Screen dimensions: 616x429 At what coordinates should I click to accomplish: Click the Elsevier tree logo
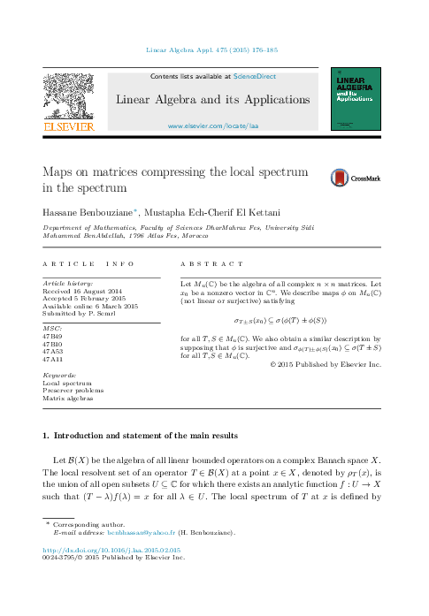(69, 102)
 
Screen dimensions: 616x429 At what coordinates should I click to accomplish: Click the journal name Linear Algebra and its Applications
(213, 99)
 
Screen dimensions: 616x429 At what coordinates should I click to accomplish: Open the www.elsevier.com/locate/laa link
(213, 127)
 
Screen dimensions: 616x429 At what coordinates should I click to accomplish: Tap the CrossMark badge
(356, 179)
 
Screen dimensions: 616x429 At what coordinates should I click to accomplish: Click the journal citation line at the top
(212, 50)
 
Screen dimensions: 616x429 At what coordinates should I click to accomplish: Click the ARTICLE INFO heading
(88, 264)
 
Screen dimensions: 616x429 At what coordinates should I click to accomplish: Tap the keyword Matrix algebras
(68, 399)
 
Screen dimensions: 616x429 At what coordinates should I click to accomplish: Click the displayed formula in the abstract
(280, 320)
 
